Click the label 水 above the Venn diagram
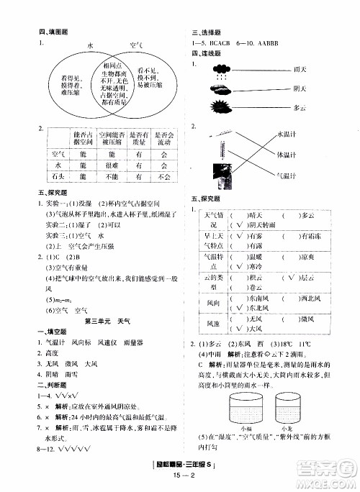click(x=91, y=45)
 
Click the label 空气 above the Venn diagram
click(x=135, y=45)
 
